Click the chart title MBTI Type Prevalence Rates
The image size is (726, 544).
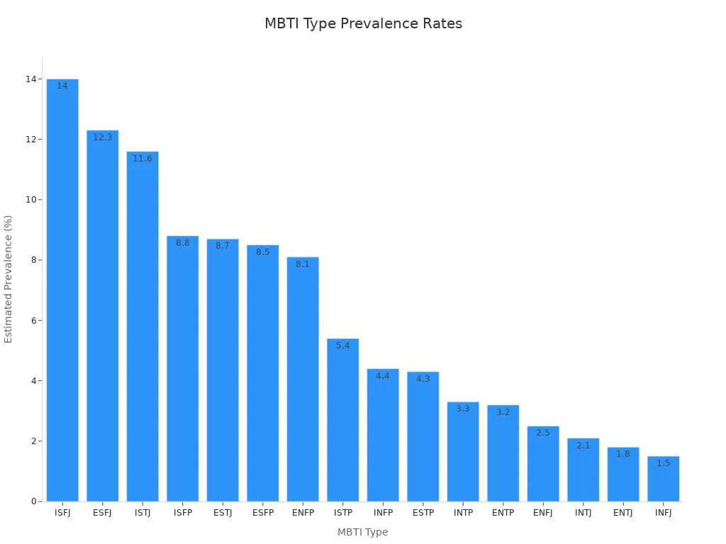click(363, 24)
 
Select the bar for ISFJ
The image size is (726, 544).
click(62, 290)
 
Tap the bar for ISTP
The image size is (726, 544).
click(342, 420)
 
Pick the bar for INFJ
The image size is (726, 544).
click(663, 479)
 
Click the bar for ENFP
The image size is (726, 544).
click(303, 379)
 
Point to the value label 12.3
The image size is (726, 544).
click(103, 137)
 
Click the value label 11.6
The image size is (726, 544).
click(143, 159)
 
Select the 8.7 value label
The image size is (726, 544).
click(223, 246)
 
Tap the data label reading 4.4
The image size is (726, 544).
click(383, 376)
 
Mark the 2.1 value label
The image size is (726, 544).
click(583, 446)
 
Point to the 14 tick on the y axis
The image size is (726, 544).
click(31, 79)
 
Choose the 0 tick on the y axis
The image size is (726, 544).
click(34, 501)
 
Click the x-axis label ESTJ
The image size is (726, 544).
click(223, 513)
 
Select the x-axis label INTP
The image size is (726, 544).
click(463, 513)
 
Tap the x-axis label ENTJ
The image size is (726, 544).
click(623, 513)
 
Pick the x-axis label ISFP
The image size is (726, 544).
click(183, 513)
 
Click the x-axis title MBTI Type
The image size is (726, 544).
click(363, 532)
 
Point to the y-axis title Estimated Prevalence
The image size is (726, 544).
click(9, 279)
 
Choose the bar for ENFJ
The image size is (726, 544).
click(543, 464)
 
